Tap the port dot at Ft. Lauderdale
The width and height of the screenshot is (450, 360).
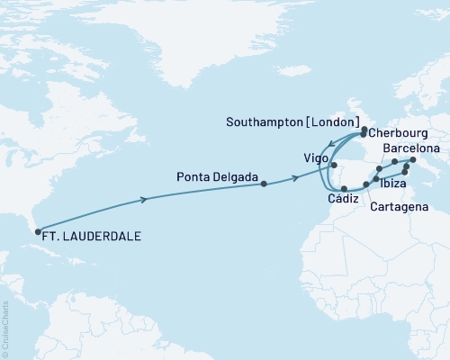click(37, 233)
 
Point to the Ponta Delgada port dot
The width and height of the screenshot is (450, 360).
click(264, 184)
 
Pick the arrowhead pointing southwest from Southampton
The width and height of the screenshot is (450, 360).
click(329, 144)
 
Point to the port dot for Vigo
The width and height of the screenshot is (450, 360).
click(334, 166)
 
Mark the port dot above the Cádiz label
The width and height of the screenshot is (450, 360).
click(344, 188)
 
